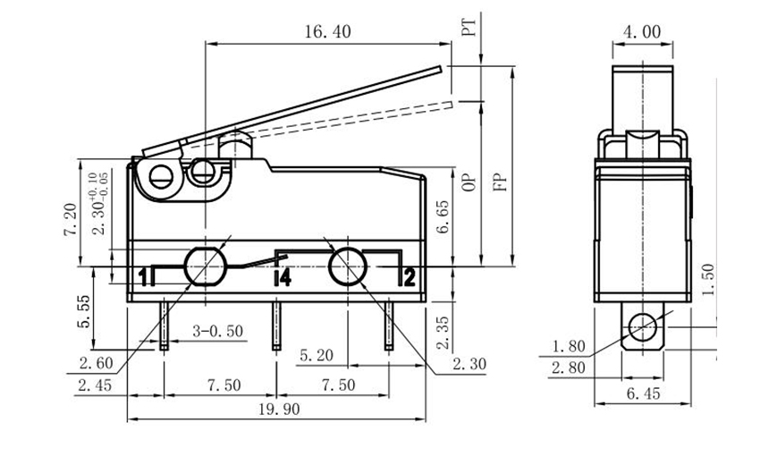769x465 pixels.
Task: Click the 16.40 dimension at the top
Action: pos(327,32)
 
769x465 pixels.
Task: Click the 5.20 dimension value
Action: pos(314,356)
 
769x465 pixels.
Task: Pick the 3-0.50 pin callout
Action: pos(217,332)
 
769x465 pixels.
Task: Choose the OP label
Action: pos(467,182)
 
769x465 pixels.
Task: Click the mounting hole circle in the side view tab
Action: pos(641,329)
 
